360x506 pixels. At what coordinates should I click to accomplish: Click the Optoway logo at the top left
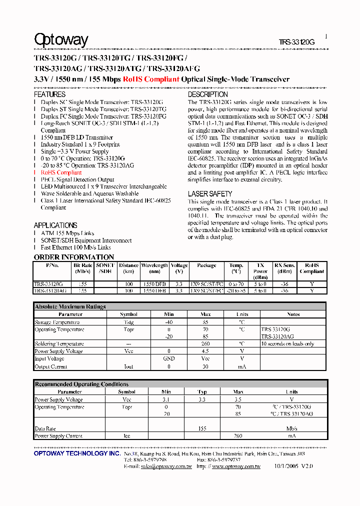click(x=61, y=39)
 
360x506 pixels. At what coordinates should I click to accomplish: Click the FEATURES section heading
click(x=49, y=94)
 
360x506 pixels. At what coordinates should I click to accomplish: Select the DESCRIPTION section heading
click(x=207, y=94)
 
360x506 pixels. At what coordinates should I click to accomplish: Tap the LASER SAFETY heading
click(x=210, y=194)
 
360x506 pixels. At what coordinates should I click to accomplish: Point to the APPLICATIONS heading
click(x=55, y=225)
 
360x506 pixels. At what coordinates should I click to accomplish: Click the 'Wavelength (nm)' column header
click(x=154, y=268)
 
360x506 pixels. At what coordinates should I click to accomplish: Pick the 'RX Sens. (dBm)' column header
click(x=284, y=268)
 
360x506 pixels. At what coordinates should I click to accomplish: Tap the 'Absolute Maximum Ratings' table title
click(x=70, y=306)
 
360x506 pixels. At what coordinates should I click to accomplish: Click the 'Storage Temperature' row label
click(x=57, y=322)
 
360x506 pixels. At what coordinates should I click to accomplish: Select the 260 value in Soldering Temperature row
click(x=205, y=344)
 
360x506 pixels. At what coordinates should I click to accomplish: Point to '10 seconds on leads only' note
click(x=287, y=344)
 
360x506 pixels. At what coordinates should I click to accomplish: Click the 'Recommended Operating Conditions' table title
click(x=81, y=384)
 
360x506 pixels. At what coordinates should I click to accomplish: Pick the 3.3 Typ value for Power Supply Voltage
click(x=202, y=399)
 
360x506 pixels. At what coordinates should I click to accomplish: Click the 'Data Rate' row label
click(x=45, y=429)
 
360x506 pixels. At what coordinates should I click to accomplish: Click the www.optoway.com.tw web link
click(x=236, y=466)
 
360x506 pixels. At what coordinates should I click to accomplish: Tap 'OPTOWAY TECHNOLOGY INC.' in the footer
click(x=77, y=453)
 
